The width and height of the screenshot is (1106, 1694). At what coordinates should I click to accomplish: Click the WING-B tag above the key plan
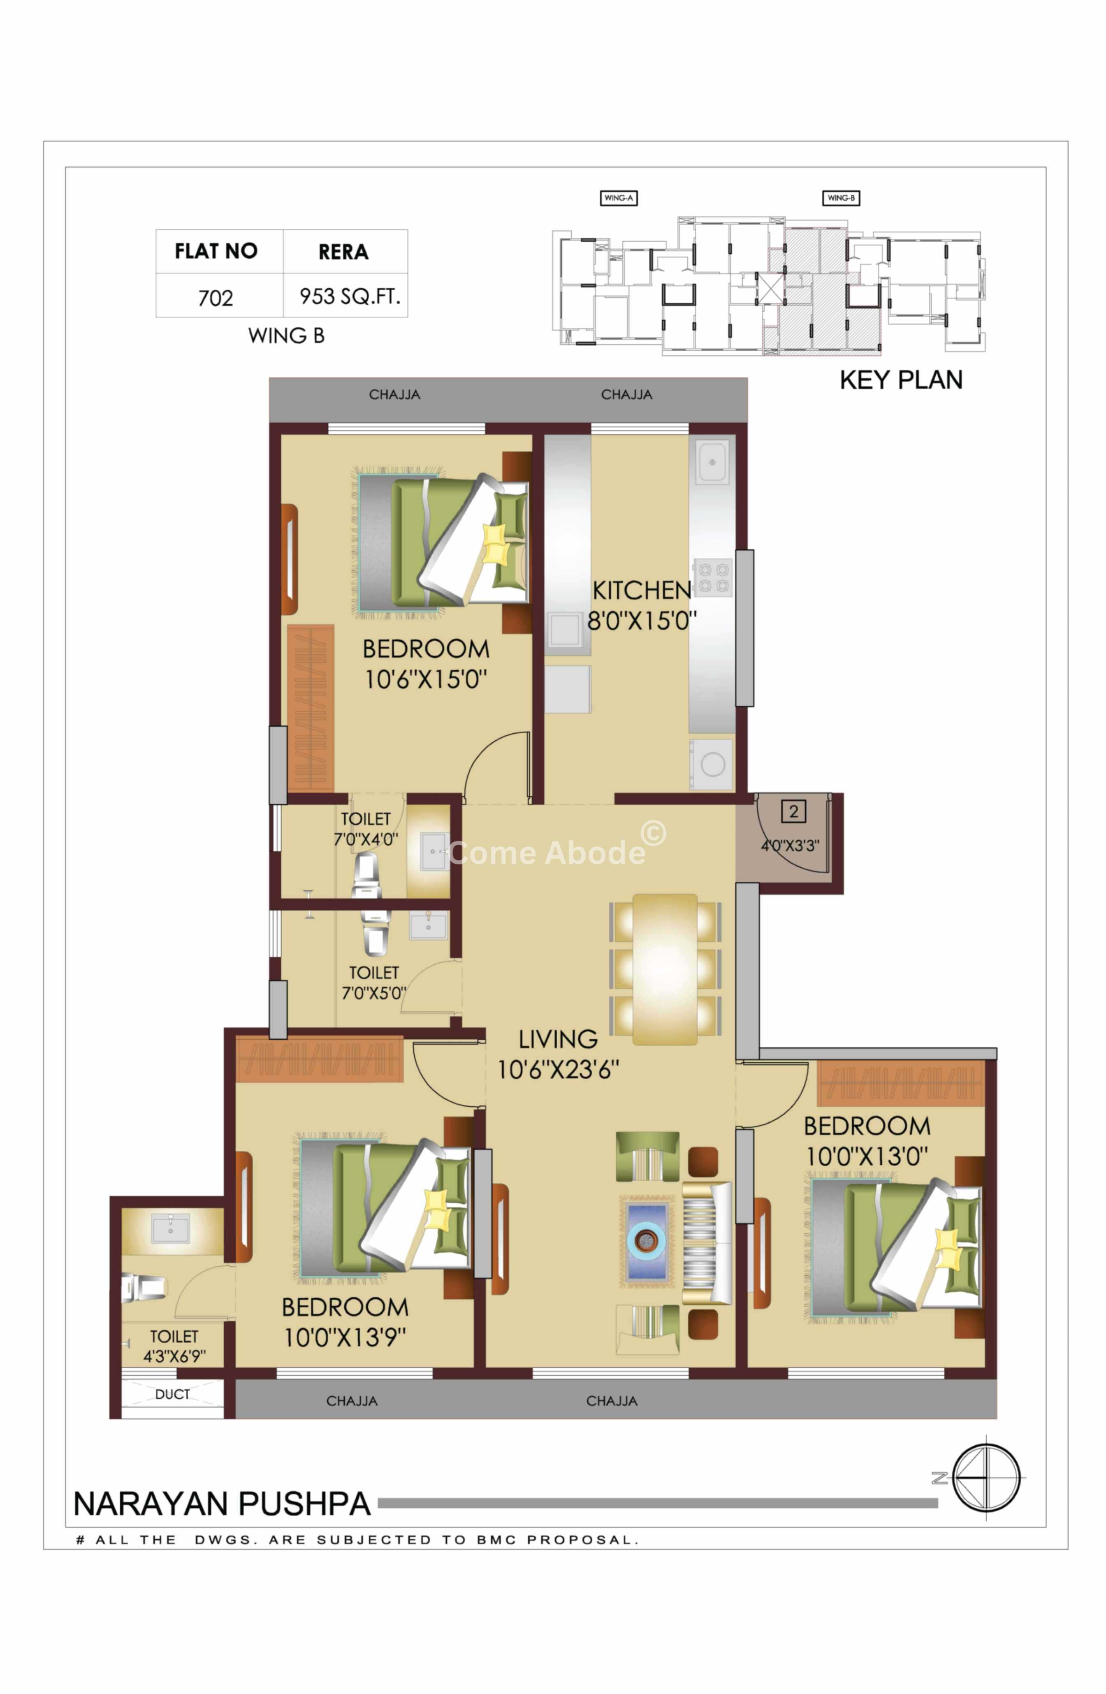pyautogui.click(x=841, y=198)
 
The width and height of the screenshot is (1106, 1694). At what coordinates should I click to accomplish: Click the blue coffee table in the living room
pyautogui.click(x=645, y=1242)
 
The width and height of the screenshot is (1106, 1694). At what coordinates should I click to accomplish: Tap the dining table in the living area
pyautogui.click(x=665, y=969)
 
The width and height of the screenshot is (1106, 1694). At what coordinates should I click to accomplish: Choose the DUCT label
pyautogui.click(x=172, y=1394)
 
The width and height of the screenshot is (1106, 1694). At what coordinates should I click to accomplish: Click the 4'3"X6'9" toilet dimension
pyautogui.click(x=174, y=1356)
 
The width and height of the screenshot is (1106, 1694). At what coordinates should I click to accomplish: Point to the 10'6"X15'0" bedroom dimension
pyautogui.click(x=426, y=679)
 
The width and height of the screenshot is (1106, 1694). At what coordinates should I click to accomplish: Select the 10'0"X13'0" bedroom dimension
pyautogui.click(x=867, y=1156)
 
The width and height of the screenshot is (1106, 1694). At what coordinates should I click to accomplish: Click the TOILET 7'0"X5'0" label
pyautogui.click(x=373, y=982)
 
